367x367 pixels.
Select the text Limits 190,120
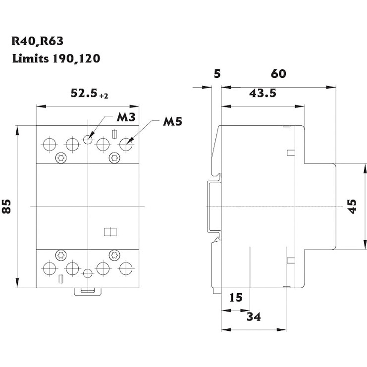pyautogui.click(x=56, y=58)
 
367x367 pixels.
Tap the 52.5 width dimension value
pyautogui.click(x=84, y=93)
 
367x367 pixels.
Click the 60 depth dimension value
pyautogui.click(x=278, y=74)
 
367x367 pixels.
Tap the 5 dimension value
pyautogui.click(x=216, y=74)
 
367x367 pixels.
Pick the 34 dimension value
pyautogui.click(x=254, y=316)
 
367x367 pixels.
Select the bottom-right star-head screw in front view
pyautogui.click(x=113, y=255)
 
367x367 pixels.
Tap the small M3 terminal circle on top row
pyautogui.click(x=88, y=139)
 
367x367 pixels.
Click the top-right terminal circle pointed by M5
pyautogui.click(x=126, y=145)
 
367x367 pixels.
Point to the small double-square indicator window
pyautogui.click(x=110, y=231)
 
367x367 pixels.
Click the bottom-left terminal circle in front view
pyautogui.click(x=50, y=269)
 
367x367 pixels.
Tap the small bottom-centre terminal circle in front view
pyautogui.click(x=88, y=273)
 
